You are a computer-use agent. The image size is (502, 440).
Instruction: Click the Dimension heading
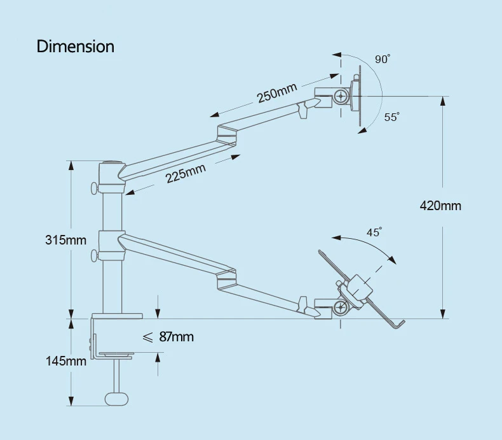pos(75,46)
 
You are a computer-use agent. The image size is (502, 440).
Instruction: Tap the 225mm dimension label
pos(186,173)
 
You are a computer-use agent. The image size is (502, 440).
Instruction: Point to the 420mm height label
pos(440,206)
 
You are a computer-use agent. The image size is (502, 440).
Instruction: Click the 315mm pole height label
pos(65,240)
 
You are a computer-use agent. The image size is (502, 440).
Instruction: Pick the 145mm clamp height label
pos(65,361)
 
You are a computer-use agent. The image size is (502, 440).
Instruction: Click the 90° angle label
pos(382,60)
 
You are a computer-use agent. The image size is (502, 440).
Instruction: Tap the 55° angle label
pos(391,117)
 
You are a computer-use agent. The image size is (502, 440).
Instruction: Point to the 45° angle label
pos(374,232)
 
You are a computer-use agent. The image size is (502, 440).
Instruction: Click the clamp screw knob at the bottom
pos(116,398)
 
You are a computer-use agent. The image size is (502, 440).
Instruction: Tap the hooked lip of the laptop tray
pos(397,324)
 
